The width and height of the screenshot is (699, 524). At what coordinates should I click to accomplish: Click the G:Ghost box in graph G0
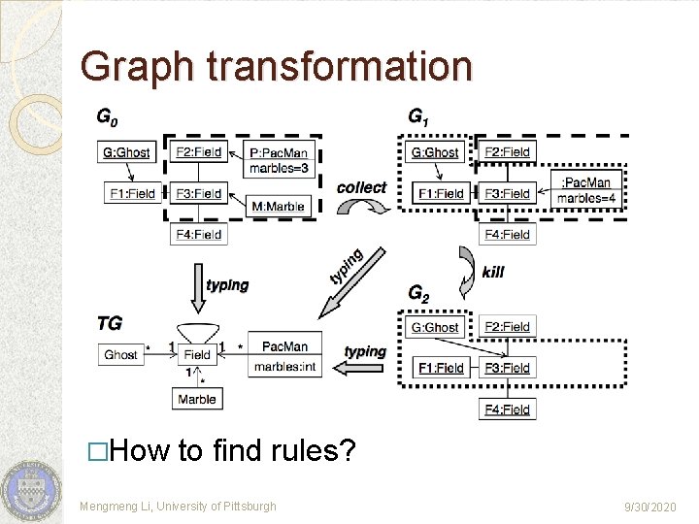pos(126,152)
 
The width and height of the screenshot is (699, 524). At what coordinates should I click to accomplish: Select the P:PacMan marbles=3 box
pos(279,160)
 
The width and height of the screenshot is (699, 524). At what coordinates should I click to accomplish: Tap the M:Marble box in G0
pos(279,206)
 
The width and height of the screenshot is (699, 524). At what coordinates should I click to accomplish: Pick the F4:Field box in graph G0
pos(198,234)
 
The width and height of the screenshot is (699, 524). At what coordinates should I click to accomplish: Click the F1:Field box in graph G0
pos(131,193)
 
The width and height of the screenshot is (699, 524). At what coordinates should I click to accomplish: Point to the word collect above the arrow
pos(361,187)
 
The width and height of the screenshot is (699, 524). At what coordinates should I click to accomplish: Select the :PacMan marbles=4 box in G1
pos(585,190)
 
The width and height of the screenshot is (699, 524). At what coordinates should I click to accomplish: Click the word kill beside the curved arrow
pos(493,272)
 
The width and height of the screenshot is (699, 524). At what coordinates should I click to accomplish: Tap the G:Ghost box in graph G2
pos(435,327)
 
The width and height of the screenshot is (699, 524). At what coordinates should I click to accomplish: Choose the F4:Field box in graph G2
pos(507,409)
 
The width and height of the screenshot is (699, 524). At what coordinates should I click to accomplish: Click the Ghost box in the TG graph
pos(120,354)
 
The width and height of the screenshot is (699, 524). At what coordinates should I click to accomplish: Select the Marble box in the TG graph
pos(197,399)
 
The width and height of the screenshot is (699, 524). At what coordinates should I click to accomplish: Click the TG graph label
pos(109,321)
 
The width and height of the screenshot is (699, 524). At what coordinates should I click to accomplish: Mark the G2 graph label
pos(418,292)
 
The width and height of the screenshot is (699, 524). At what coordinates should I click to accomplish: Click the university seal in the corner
pos(29,490)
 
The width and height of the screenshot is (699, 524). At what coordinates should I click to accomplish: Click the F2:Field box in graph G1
pos(507,151)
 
